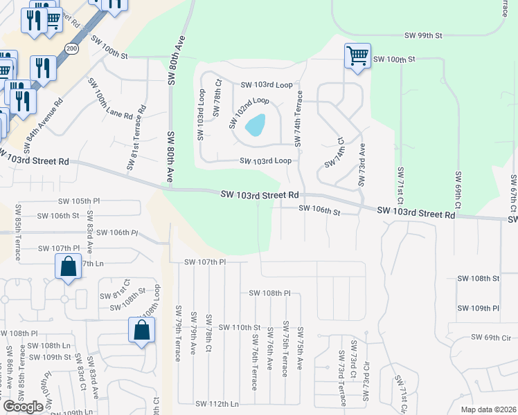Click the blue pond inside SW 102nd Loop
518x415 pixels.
pos(255,125)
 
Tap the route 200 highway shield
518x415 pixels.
pos(71,48)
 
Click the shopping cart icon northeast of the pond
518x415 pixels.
pos(357,55)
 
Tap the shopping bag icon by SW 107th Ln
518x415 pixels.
pos(68,267)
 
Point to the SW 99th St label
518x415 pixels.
pos(423,35)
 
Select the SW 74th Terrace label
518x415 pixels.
pos(299,118)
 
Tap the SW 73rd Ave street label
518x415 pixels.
pos(361,164)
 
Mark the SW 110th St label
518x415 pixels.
pos(238,326)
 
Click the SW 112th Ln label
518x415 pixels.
pos(217,403)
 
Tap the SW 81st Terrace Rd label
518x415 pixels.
pos(136,138)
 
